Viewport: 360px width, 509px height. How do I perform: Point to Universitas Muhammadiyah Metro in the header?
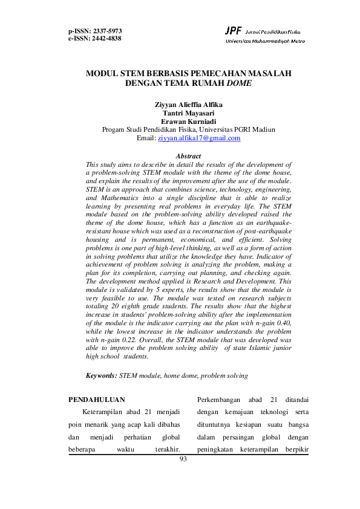[265, 41]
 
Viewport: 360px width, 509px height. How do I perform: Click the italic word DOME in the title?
[247, 83]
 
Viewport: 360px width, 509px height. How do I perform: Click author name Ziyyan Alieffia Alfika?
[189, 105]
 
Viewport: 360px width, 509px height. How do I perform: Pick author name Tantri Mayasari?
[189, 113]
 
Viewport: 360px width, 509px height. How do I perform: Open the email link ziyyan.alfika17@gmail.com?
[199, 138]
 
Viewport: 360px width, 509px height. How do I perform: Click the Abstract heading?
[188, 156]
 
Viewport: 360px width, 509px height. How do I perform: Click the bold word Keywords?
[101, 376]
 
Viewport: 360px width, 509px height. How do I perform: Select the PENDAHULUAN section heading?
[97, 400]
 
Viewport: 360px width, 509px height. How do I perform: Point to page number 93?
[184, 459]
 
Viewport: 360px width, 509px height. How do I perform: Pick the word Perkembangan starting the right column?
[220, 400]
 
